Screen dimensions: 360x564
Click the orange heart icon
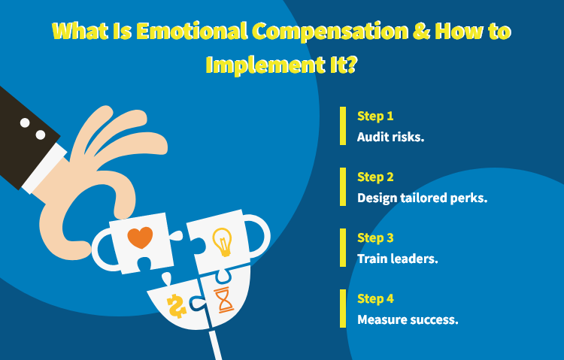[x=140, y=238]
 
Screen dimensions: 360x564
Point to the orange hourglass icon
[x=224, y=300]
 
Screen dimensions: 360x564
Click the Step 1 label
[x=375, y=116]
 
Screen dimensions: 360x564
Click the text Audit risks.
[x=390, y=138]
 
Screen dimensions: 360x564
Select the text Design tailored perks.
[x=422, y=198]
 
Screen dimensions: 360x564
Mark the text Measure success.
[x=408, y=319]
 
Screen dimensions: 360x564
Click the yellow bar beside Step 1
[x=343, y=126]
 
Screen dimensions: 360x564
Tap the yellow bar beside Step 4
[x=343, y=308]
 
